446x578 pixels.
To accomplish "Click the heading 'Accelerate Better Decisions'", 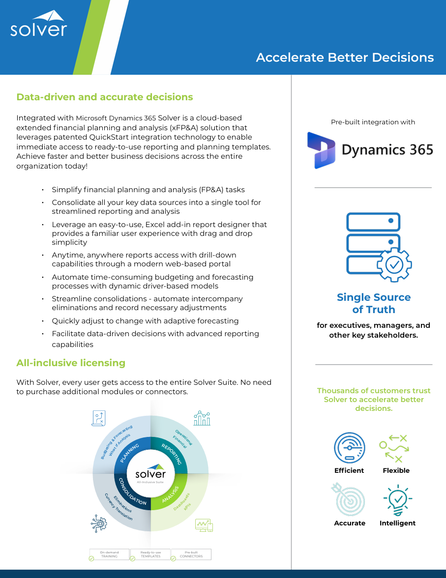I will tap(345, 58).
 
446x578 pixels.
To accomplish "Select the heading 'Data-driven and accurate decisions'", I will tap(104, 97).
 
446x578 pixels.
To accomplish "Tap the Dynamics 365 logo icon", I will tap(321, 150).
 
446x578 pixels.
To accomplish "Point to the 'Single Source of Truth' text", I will tap(374, 303).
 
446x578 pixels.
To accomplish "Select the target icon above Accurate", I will tap(349, 500).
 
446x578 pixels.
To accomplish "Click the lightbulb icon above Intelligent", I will tap(397, 500).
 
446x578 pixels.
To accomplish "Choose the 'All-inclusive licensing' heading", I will tap(71, 363).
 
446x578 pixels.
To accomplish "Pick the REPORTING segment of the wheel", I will tap(173, 453).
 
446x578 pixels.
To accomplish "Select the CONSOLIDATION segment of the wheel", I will tap(130, 493).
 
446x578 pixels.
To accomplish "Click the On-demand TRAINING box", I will tap(109, 554).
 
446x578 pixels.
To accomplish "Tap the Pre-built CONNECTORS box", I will tap(191, 554).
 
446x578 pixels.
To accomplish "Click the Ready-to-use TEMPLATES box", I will tap(150, 554).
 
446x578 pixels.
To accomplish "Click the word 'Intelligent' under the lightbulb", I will tap(397, 523).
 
